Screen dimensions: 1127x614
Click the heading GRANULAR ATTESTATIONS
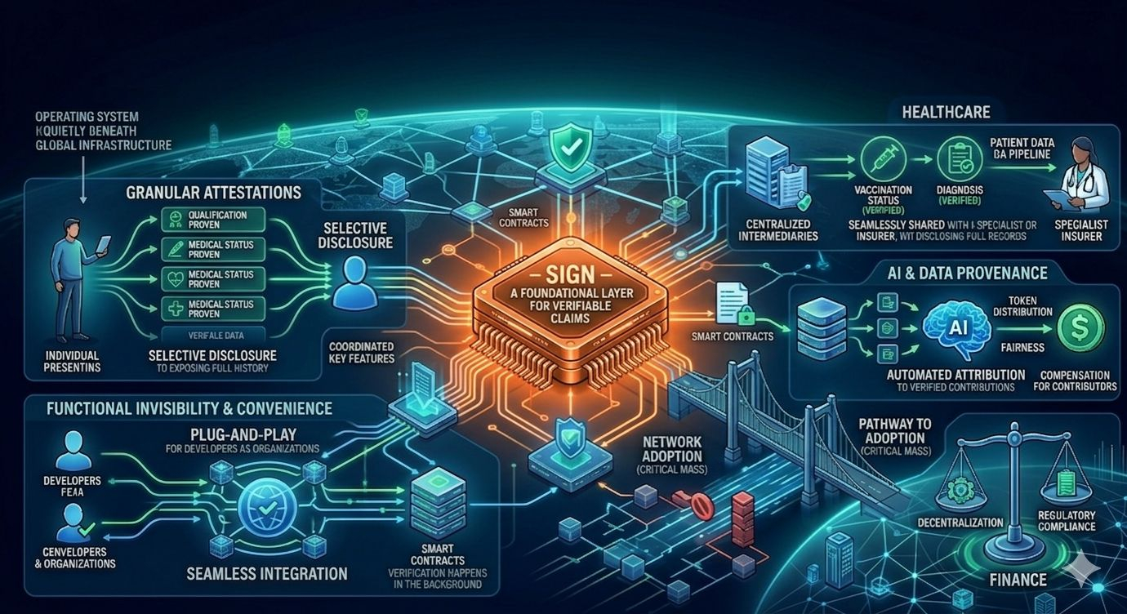point(213,194)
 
